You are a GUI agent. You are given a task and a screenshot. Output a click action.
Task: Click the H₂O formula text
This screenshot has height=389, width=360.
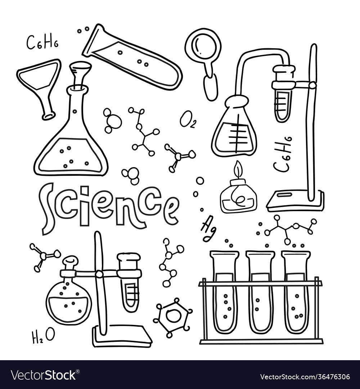42,336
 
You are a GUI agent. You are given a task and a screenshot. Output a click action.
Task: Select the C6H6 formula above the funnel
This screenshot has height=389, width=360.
42,43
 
